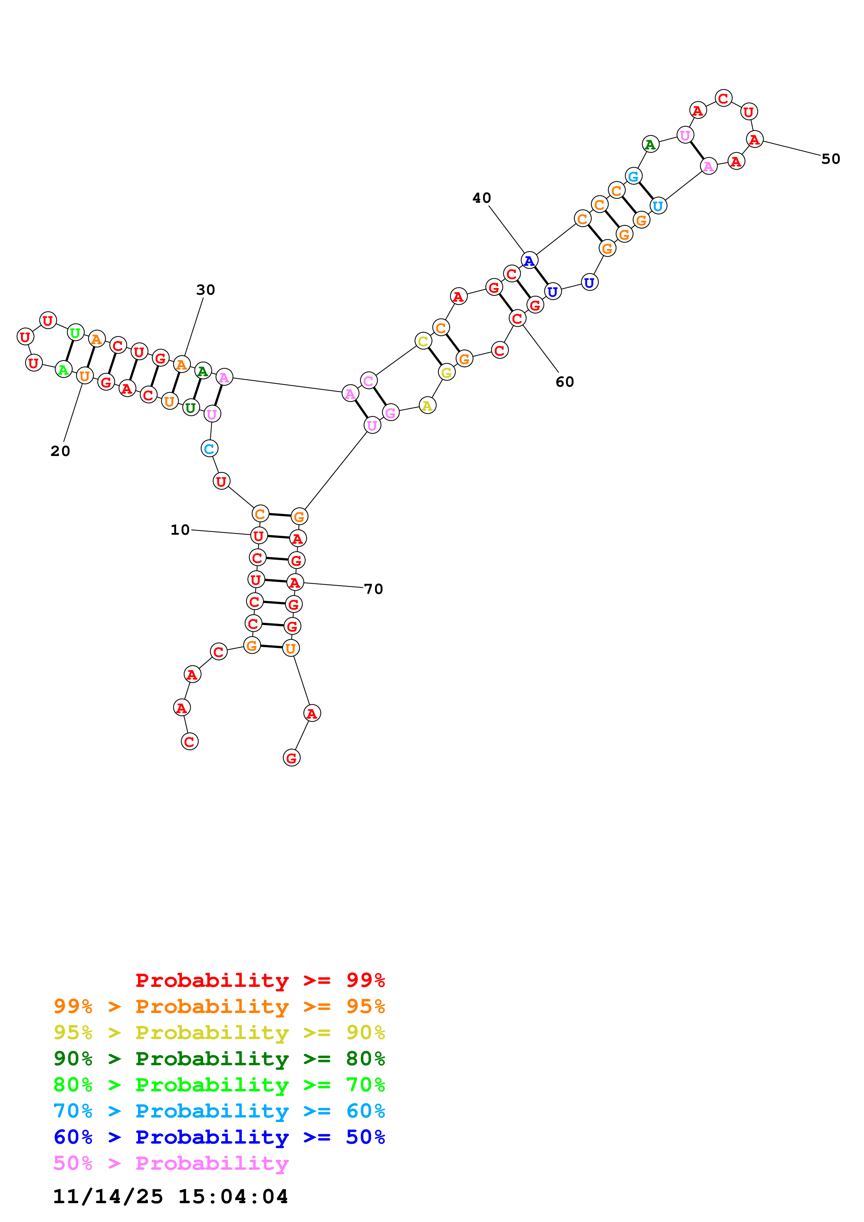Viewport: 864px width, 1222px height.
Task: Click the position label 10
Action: (x=180, y=529)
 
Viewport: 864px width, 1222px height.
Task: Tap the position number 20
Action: (x=60, y=451)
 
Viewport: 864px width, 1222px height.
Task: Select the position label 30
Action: (x=206, y=289)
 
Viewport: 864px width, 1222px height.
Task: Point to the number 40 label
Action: (x=482, y=198)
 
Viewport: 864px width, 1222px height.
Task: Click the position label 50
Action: (x=831, y=158)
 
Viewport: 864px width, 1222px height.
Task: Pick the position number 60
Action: (x=565, y=381)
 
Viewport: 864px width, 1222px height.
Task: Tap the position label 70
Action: (x=373, y=589)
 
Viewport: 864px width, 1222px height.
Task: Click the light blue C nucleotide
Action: (x=209, y=449)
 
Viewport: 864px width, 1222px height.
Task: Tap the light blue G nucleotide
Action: (x=633, y=176)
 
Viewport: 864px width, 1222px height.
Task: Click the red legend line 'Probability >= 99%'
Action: (x=260, y=980)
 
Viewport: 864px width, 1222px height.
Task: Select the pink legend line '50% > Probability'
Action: (x=171, y=1163)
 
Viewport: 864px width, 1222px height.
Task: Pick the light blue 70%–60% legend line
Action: (x=219, y=1111)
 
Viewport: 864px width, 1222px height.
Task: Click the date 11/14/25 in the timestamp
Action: (x=108, y=1197)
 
